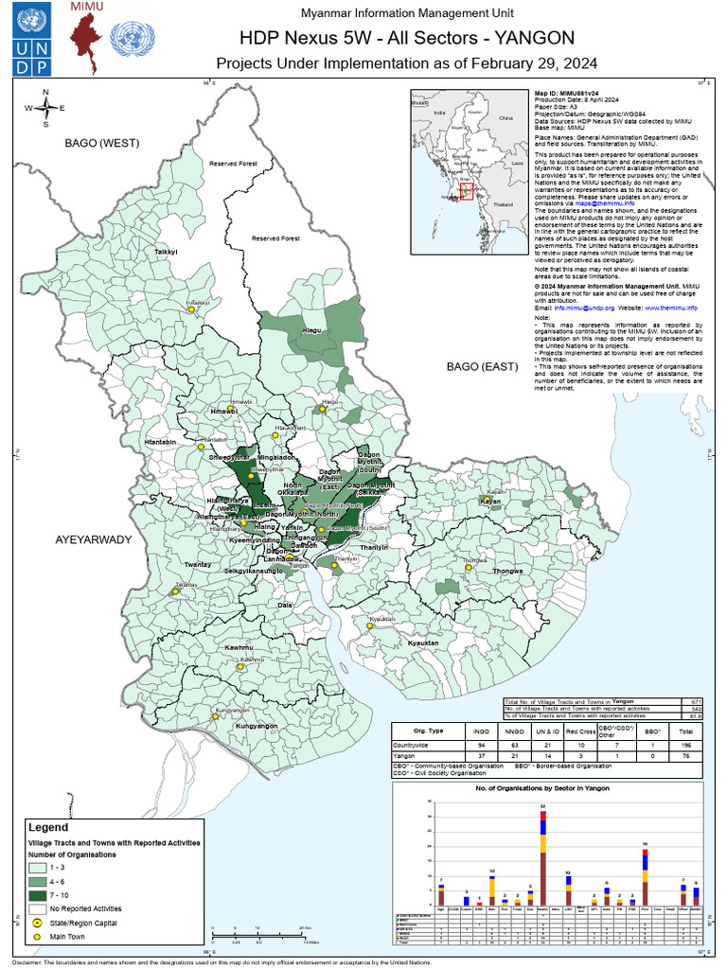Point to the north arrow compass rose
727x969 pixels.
[x=45, y=108]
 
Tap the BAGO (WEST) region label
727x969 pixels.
[x=102, y=143]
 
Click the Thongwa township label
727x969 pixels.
[x=507, y=573]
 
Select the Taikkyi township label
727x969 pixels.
[x=167, y=253]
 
